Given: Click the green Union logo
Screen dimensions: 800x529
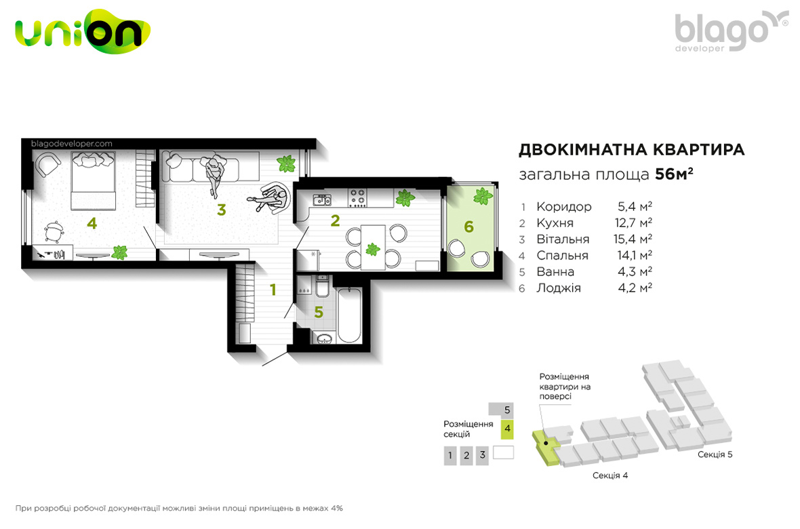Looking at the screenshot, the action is pyautogui.click(x=83, y=32).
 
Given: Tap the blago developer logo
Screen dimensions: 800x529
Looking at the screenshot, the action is pyautogui.click(x=731, y=32).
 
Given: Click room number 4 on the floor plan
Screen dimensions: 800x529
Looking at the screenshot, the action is pyautogui.click(x=92, y=223).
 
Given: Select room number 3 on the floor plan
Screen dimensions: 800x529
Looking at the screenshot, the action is pyautogui.click(x=222, y=210).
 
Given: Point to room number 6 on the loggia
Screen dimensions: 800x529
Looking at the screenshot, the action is pyautogui.click(x=469, y=227).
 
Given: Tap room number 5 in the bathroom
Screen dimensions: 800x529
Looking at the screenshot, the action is pyautogui.click(x=319, y=312).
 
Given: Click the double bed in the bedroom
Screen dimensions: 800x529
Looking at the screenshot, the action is pyautogui.click(x=93, y=181).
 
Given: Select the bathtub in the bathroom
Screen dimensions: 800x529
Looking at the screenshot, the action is pyautogui.click(x=349, y=315).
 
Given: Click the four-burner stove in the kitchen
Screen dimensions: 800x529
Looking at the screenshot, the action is pyautogui.click(x=357, y=197).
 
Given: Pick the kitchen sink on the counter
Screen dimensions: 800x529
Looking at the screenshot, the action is pyautogui.click(x=322, y=199).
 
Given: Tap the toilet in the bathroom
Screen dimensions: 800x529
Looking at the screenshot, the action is pyautogui.click(x=323, y=286).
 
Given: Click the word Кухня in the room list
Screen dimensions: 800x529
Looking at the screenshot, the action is pyautogui.click(x=555, y=223).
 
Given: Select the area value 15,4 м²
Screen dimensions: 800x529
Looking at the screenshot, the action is pyautogui.click(x=633, y=239).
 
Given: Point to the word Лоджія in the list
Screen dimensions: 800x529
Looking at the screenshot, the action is pyautogui.click(x=559, y=288).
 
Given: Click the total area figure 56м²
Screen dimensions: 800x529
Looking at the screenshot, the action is pyautogui.click(x=674, y=174).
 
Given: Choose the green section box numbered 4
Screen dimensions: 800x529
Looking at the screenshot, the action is pyautogui.click(x=507, y=429).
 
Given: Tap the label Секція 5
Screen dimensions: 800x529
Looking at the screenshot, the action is pyautogui.click(x=715, y=454).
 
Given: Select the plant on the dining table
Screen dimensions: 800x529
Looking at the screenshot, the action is pyautogui.click(x=373, y=249).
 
